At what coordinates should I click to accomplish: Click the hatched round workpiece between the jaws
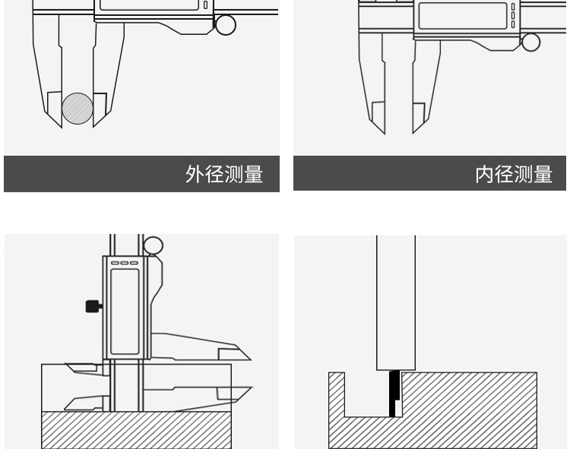[78, 108]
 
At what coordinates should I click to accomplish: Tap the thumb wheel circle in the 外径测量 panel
[226, 25]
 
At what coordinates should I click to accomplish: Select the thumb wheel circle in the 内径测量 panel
[530, 43]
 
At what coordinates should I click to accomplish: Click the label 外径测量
[224, 174]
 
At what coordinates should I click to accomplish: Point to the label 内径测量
[514, 174]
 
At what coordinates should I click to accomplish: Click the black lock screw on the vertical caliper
[93, 306]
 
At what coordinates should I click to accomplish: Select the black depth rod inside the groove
[393, 394]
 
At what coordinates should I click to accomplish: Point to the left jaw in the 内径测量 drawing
[375, 106]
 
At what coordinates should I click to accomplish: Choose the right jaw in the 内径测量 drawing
[417, 106]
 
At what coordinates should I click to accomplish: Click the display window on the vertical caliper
[125, 304]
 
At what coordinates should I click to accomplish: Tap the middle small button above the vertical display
[125, 264]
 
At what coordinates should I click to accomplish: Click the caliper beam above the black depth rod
[396, 304]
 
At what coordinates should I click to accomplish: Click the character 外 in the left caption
[195, 174]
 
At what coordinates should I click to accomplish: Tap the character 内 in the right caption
[485, 174]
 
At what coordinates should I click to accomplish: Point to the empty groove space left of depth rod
[366, 395]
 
